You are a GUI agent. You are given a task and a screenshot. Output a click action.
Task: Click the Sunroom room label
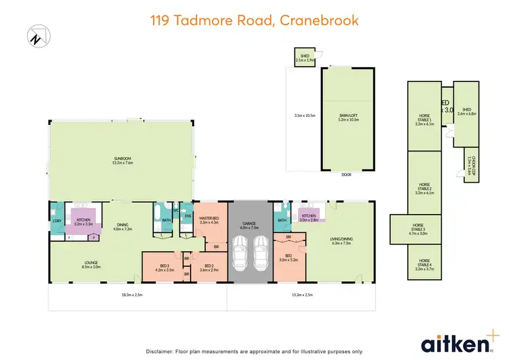(122, 161)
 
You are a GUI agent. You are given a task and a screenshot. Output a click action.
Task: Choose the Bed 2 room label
(208, 268)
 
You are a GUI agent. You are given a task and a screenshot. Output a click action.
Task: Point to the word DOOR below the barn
(347, 174)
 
